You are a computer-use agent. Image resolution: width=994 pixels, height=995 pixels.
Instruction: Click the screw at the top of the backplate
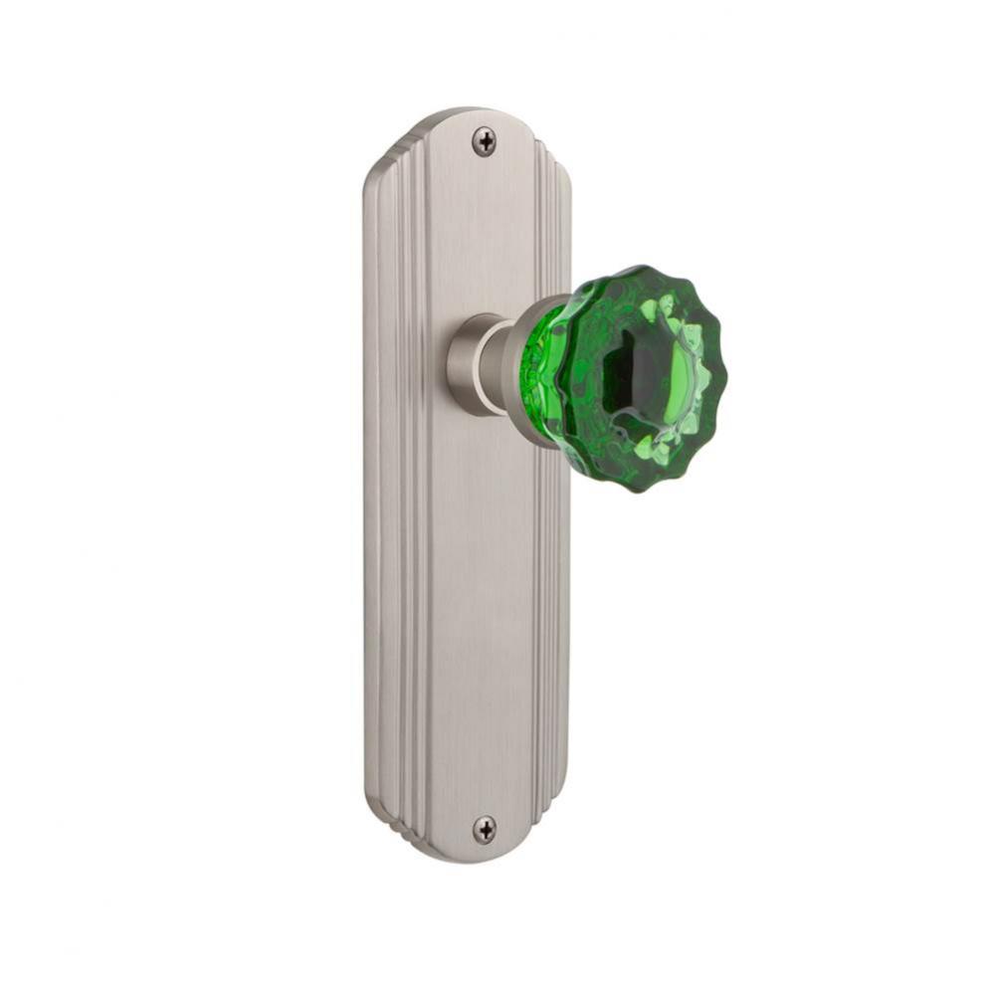click(484, 141)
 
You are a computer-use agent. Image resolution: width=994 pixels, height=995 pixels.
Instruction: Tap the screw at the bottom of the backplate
click(484, 828)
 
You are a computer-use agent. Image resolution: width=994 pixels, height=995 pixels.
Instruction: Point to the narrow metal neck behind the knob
click(496, 364)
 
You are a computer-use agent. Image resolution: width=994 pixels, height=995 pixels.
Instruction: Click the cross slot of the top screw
click(484, 141)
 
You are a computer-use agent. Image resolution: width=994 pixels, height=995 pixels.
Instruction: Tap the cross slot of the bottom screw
click(484, 828)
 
